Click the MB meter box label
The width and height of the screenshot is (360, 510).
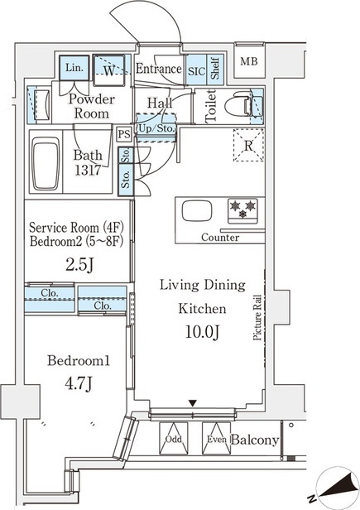click(x=249, y=61)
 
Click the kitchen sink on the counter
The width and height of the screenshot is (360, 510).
click(x=197, y=211)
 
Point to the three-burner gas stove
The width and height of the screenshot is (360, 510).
click(x=242, y=211)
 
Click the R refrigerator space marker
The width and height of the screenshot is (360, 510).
click(x=248, y=145)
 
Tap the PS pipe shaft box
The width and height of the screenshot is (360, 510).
click(x=124, y=134)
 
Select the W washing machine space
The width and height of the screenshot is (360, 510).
click(x=108, y=70)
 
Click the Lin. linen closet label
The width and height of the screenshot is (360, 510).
click(x=74, y=68)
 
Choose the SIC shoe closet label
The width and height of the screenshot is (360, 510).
click(x=196, y=71)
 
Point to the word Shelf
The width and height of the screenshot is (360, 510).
click(x=215, y=68)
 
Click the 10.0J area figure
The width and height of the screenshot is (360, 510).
click(x=202, y=332)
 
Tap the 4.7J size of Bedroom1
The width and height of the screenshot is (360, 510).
click(x=79, y=384)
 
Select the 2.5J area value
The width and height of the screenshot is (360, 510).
click(x=79, y=265)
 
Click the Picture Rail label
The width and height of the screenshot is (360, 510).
click(x=257, y=317)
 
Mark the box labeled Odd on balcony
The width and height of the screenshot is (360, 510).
click(x=174, y=438)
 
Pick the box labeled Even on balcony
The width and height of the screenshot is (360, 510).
click(x=216, y=438)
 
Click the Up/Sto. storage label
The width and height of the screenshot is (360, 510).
click(x=156, y=128)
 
